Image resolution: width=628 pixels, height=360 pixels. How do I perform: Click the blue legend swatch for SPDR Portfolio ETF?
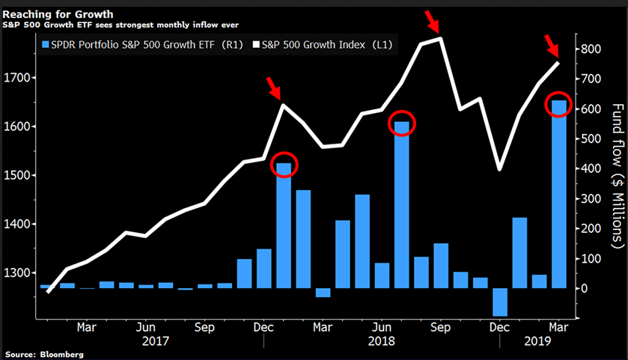46,45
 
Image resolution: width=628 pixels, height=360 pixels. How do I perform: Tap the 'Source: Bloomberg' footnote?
44,353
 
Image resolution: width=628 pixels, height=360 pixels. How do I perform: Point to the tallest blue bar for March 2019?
558,195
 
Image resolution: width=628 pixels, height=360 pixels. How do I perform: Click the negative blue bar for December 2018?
499,302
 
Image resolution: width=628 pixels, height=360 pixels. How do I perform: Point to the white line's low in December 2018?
499,169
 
